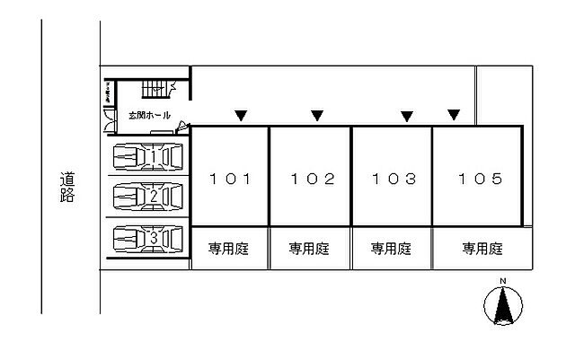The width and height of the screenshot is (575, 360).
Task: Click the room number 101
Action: tap(229, 179)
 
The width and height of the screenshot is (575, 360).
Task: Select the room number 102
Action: tap(312, 179)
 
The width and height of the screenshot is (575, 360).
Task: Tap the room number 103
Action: tap(394, 179)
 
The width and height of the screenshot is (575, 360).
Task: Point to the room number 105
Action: tap(476, 179)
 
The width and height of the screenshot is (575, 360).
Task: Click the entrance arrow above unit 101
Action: tap(240, 115)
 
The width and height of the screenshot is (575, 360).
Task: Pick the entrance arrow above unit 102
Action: tap(316, 115)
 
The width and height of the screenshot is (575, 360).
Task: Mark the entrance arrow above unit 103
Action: tap(406, 115)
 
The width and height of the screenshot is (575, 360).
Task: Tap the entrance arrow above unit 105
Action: tap(454, 114)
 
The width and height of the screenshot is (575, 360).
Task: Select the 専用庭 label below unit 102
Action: tap(309, 249)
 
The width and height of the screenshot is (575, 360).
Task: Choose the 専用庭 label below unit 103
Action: tap(391, 249)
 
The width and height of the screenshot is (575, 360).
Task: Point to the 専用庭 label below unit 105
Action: tap(482, 249)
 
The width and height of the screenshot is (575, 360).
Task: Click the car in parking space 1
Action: tap(147, 159)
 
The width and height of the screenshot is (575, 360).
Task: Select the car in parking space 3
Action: tap(147, 239)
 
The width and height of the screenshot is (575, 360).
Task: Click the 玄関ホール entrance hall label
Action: tap(149, 116)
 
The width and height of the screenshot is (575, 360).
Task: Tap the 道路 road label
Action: tap(67, 188)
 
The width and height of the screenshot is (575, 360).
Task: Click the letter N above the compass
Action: tap(503, 282)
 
